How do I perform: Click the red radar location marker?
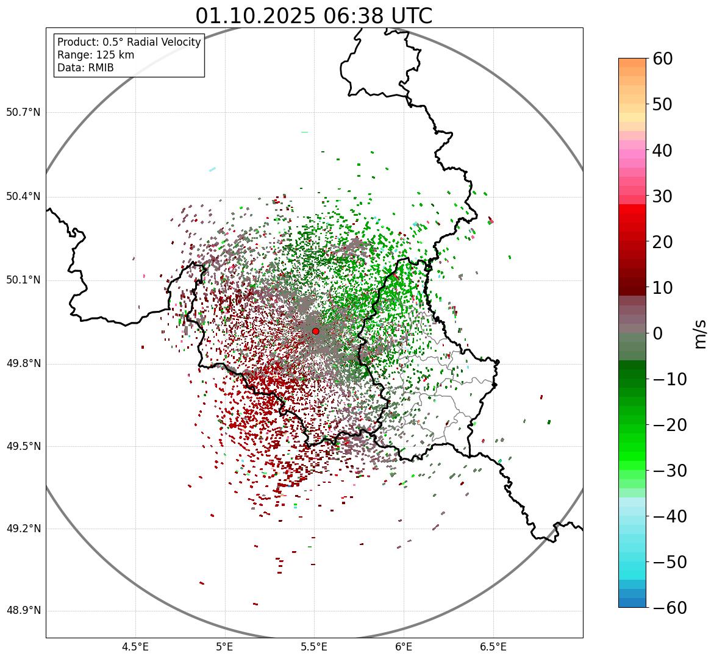pos(315,331)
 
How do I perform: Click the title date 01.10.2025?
pos(255,16)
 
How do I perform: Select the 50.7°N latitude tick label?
pos(23,113)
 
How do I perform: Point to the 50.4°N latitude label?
pos(23,196)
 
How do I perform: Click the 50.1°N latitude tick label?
pos(23,280)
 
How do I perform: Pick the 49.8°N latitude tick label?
pos(23,364)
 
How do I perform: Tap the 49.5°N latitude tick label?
pos(23,446)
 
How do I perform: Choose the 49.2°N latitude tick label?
pos(23,529)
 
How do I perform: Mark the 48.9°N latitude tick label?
pos(23,611)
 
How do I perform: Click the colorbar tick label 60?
pos(663,59)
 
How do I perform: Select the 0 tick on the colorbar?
pos(658,333)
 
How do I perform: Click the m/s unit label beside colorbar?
pos(700,333)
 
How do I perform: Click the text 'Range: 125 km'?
pos(96,55)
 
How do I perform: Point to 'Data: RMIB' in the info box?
pos(85,68)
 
